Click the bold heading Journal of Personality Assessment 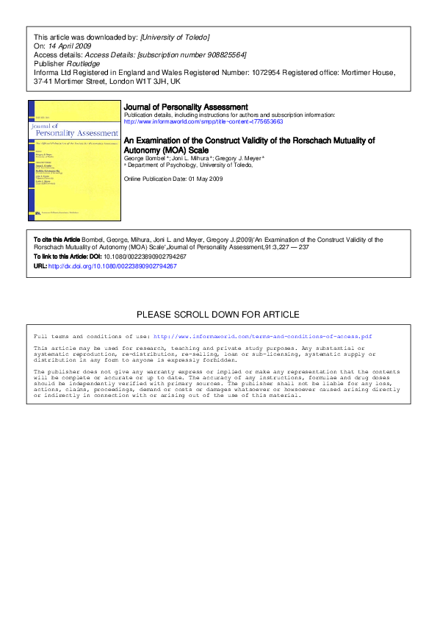coord(186,107)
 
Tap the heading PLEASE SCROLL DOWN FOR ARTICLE coord(218,315)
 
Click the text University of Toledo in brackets coord(175,37)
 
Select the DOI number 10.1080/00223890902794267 coord(141,257)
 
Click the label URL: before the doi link coord(40,266)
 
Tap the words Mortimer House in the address coord(372,72)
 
